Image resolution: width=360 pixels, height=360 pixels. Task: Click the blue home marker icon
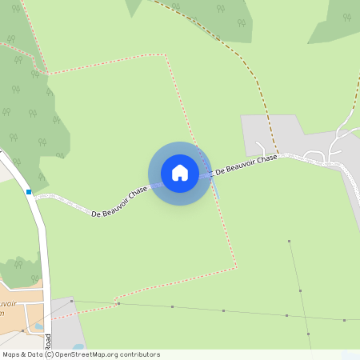point(180,173)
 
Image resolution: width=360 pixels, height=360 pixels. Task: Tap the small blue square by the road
point(29,192)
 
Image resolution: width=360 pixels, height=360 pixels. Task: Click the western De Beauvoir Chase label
point(120,203)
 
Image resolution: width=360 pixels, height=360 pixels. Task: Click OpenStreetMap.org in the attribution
point(87,354)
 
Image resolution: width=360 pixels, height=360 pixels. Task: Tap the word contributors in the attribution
point(140,354)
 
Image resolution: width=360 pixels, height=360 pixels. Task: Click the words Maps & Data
point(22,354)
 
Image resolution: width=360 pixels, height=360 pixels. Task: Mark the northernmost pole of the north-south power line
point(290,241)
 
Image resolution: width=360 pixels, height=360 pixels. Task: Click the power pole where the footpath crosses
point(118,304)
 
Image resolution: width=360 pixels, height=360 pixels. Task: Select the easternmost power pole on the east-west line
point(344,320)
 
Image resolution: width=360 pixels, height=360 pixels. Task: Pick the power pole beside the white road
point(71,301)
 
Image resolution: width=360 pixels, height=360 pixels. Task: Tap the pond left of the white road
point(37,328)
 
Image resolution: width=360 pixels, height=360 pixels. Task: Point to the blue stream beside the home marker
point(214,189)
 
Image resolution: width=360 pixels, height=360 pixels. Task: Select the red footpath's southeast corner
point(237,266)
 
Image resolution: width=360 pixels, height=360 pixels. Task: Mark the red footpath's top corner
point(166,55)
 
